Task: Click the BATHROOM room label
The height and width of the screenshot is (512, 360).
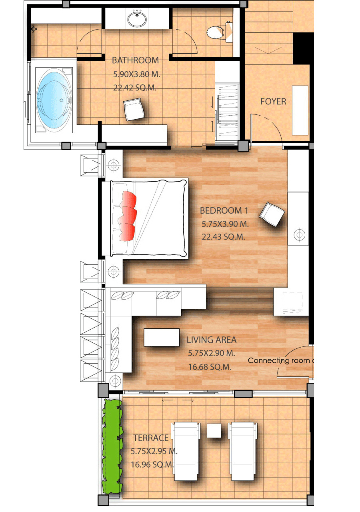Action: [135, 60]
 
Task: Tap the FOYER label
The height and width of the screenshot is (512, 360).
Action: [273, 102]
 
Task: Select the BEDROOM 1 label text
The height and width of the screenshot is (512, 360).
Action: [221, 210]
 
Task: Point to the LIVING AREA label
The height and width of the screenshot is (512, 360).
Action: [211, 340]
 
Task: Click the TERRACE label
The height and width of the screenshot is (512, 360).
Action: [151, 438]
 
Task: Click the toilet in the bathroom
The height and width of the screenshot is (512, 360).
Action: [217, 32]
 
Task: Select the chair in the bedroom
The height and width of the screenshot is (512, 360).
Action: [272, 215]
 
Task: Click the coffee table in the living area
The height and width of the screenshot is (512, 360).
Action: [162, 337]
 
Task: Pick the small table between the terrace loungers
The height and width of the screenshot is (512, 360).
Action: [214, 430]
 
